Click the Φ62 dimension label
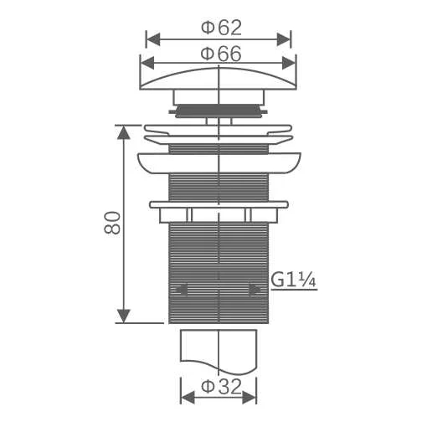(x=221, y=28)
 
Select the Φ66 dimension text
(x=221, y=54)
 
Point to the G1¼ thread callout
(x=293, y=280)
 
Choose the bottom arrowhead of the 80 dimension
(x=123, y=316)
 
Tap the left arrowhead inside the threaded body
(x=178, y=290)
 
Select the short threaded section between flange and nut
(x=219, y=187)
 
